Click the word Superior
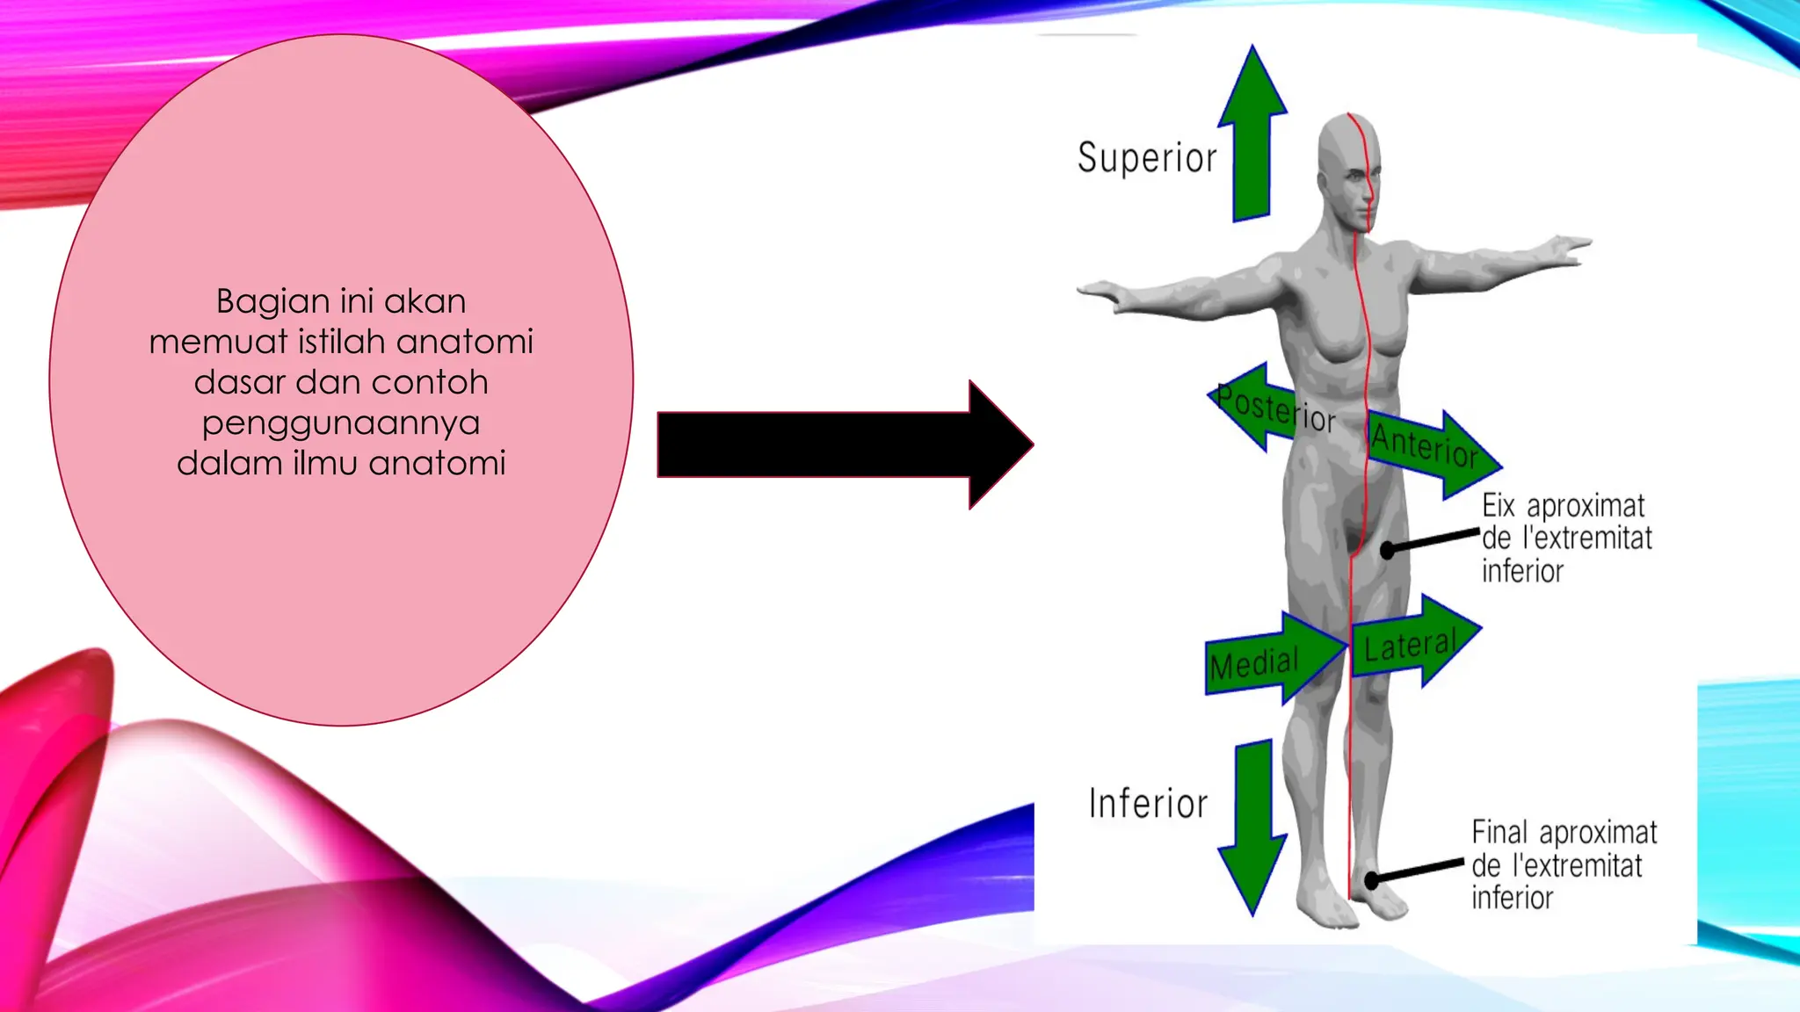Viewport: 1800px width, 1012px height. (1147, 158)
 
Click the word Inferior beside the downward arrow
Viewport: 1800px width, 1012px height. (1149, 803)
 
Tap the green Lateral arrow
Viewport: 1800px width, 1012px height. (1415, 641)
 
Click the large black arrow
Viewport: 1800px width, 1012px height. (845, 445)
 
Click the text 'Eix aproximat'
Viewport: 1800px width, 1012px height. (1563, 507)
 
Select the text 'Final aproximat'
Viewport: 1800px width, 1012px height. (1564, 832)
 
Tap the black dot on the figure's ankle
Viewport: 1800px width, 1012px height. (1372, 879)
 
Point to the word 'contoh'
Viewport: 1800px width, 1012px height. (429, 382)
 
